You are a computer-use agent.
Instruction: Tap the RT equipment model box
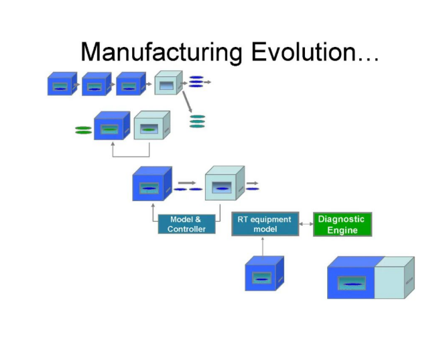pyautogui.click(x=265, y=224)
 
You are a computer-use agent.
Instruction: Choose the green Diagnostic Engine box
pyautogui.click(x=342, y=224)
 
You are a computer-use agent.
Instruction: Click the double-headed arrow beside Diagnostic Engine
pyautogui.click(x=306, y=224)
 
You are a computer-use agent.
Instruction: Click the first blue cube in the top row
pyautogui.click(x=61, y=84)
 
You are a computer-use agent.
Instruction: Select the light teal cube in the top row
pyautogui.click(x=168, y=84)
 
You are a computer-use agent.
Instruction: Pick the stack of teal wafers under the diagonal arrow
pyautogui.click(x=197, y=121)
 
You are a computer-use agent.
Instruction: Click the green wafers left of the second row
pyautogui.click(x=83, y=130)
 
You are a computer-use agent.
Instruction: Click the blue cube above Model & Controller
pyautogui.click(x=152, y=184)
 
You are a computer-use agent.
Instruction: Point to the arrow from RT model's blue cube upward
pyautogui.click(x=263, y=247)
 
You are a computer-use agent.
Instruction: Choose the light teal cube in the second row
pyautogui.click(x=151, y=126)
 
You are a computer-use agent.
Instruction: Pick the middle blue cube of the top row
pyautogui.click(x=96, y=84)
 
